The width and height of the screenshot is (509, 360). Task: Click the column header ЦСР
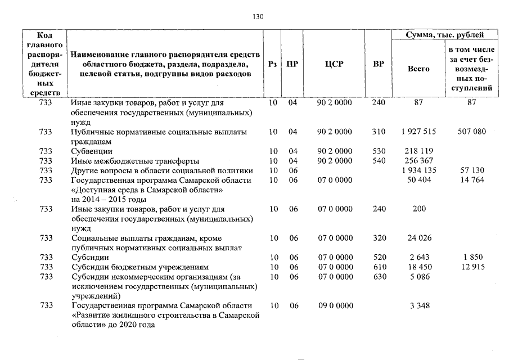pyautogui.click(x=334, y=64)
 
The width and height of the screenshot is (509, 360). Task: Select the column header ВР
pyautogui.click(x=379, y=64)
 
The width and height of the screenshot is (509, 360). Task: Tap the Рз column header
pyautogui.click(x=273, y=64)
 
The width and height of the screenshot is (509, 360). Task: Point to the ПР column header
pyautogui.click(x=292, y=64)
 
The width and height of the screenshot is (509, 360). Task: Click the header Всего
pyautogui.click(x=418, y=69)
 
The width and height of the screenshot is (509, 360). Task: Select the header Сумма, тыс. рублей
pyautogui.click(x=444, y=35)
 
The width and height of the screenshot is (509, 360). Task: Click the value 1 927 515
pyautogui.click(x=418, y=132)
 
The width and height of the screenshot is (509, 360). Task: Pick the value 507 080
pyautogui.click(x=471, y=132)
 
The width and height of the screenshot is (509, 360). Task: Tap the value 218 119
pyautogui.click(x=418, y=151)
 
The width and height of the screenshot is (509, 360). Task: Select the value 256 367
pyautogui.click(x=418, y=161)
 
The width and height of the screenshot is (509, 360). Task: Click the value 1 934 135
pyautogui.click(x=418, y=170)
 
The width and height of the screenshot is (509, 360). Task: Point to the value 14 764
pyautogui.click(x=472, y=180)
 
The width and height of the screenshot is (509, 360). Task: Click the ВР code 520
pyautogui.click(x=379, y=258)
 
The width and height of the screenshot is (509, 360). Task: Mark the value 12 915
pyautogui.click(x=472, y=267)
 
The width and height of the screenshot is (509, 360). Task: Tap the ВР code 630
pyautogui.click(x=379, y=277)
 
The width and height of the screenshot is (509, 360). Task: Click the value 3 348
pyautogui.click(x=418, y=305)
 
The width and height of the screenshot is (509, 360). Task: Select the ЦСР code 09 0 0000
pyautogui.click(x=335, y=305)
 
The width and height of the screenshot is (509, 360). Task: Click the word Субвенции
pyautogui.click(x=92, y=151)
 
